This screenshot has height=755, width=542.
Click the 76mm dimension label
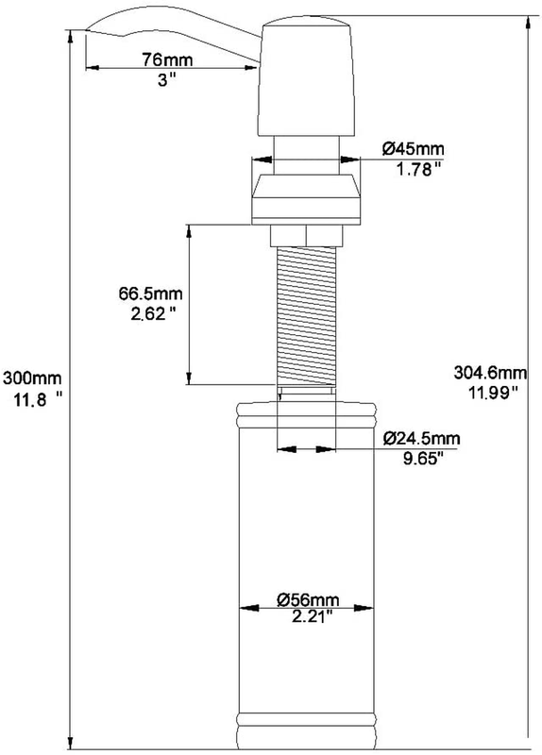tap(167, 59)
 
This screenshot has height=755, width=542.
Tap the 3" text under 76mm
tap(167, 80)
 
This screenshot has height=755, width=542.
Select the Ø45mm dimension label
tap(414, 149)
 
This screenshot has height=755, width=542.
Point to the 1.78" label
tap(418, 170)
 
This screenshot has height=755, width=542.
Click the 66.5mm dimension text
tap(151, 294)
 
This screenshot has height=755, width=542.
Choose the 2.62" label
tap(152, 314)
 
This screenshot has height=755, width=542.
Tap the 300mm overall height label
tap(32, 377)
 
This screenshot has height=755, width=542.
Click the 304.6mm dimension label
tap(490, 372)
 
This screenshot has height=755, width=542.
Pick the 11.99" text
tap(493, 393)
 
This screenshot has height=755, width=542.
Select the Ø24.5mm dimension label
tap(421, 439)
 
